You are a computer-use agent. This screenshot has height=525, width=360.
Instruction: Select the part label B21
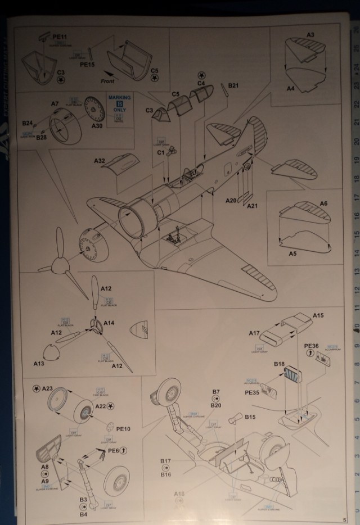point(234,86)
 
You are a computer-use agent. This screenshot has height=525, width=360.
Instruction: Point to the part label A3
point(310,35)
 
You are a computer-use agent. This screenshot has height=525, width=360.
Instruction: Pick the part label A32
point(100,161)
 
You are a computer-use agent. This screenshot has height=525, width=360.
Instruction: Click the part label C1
point(160,152)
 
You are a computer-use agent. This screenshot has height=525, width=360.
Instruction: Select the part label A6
point(323,203)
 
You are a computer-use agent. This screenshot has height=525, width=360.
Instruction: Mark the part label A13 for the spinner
point(38,364)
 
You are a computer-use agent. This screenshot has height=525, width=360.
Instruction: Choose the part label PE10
point(123,429)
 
